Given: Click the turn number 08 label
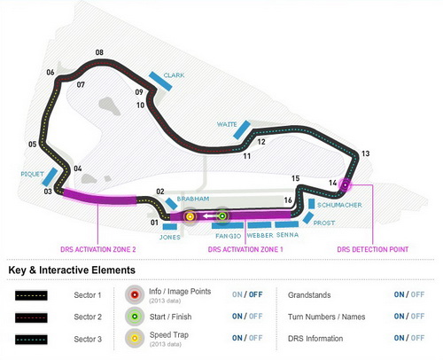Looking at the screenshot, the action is [x=99, y=52].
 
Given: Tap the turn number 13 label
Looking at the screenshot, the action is [x=366, y=153].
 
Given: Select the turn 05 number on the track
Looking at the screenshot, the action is [x=33, y=145].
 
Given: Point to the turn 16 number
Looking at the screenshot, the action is [x=288, y=200].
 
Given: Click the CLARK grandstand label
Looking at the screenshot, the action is [x=174, y=75].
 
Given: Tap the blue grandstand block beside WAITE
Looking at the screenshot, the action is [x=242, y=129].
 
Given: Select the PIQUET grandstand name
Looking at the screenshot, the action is [x=32, y=174].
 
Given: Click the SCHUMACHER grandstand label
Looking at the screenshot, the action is [x=339, y=205].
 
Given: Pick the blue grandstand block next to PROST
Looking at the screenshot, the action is [x=308, y=218].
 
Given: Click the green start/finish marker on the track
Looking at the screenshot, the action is [x=222, y=216].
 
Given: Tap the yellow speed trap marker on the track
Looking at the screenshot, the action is [x=190, y=217].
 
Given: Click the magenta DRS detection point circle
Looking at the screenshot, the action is [x=345, y=185].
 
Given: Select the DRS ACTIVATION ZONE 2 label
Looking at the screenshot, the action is [x=98, y=249].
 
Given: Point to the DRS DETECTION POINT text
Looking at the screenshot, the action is [x=373, y=249].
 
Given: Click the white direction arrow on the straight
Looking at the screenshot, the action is [x=209, y=216].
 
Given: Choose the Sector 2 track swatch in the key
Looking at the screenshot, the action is [x=31, y=317].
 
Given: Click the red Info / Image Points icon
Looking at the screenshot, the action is [x=135, y=294].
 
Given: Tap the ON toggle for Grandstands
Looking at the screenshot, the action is [x=399, y=294].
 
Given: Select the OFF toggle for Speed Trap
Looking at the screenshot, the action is [x=255, y=338].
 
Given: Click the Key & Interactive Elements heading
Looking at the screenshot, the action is [x=72, y=270].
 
